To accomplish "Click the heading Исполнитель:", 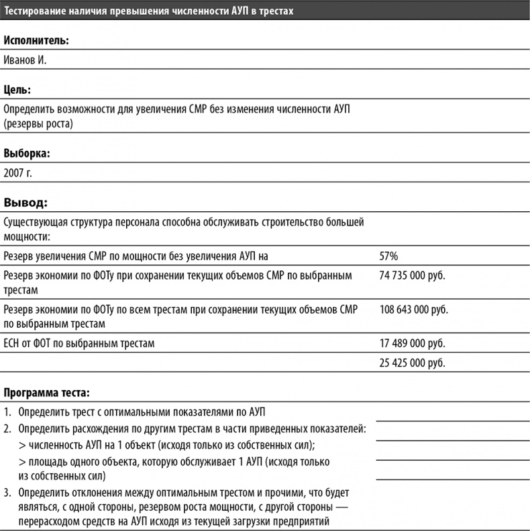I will click(36, 41).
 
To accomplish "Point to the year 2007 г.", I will click(17, 172).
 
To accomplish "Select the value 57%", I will click(389, 255).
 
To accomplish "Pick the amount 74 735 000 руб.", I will click(412, 275).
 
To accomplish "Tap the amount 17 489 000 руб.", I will click(412, 344).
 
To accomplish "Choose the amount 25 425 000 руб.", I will click(412, 363).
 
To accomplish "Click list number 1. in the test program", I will click(7, 412).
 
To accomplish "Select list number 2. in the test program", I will click(7, 428).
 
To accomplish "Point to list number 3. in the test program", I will click(7, 493).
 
